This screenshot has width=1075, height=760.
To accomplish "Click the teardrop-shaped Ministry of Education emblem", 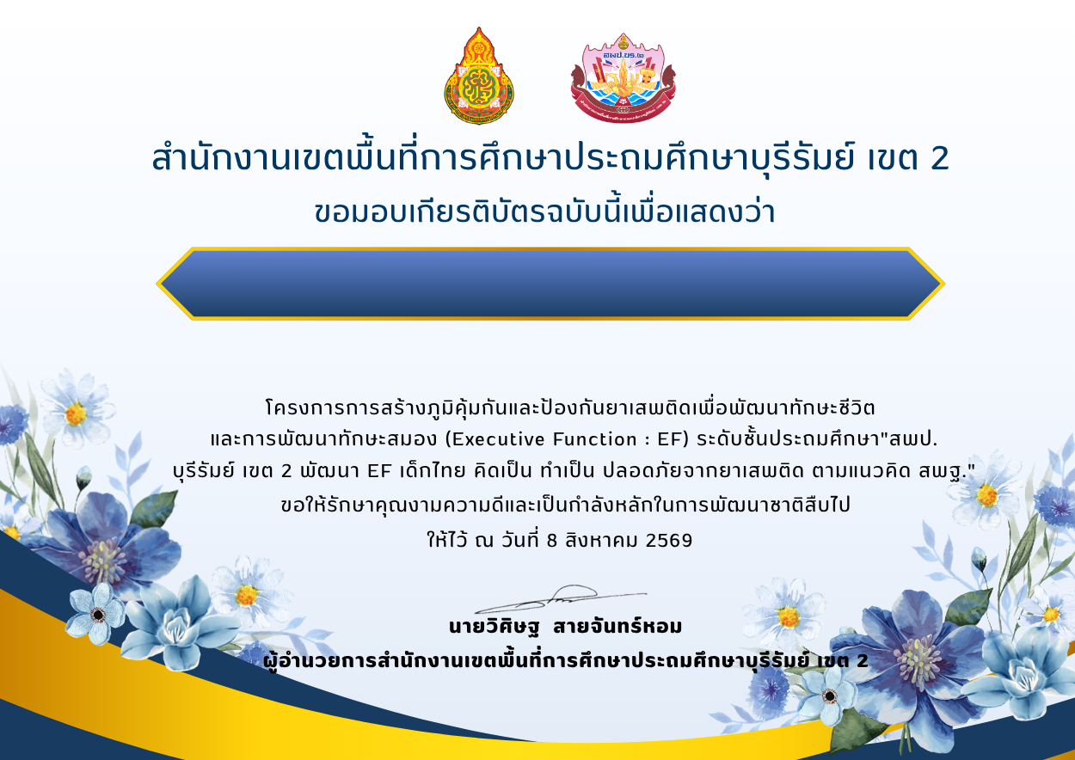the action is click(478, 76).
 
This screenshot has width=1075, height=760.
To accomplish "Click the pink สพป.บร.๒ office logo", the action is click(623, 77).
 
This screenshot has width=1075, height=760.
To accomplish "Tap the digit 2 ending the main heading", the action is click(940, 158).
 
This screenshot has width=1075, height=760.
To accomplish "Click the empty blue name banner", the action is click(550, 284).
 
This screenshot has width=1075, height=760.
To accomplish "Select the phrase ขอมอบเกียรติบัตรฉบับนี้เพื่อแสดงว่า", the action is click(544, 212).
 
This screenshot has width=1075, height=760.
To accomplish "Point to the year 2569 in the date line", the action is click(669, 540).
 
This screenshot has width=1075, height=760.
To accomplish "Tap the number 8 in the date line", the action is click(552, 541).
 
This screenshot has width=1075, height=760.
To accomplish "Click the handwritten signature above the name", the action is click(561, 599).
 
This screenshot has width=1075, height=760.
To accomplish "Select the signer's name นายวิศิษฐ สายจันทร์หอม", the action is click(565, 626).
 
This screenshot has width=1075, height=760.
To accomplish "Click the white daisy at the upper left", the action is click(77, 410).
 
